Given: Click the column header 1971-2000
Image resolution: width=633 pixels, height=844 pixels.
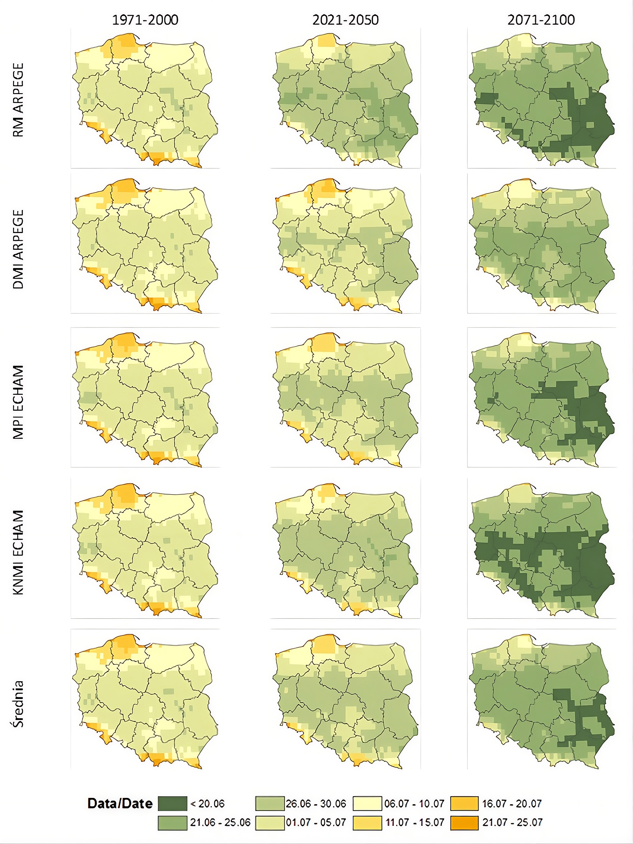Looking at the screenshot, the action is pos(145,20).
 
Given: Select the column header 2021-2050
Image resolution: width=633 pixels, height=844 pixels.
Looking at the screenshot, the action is pos(346,20).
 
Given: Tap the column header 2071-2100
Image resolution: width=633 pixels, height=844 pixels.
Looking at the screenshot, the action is pos(541,20).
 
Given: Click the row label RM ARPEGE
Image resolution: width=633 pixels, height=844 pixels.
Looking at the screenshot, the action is pos(18,100).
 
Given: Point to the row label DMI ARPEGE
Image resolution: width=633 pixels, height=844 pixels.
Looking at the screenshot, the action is pos(18,249).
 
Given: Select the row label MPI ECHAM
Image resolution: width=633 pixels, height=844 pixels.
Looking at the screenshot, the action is pos(18,402).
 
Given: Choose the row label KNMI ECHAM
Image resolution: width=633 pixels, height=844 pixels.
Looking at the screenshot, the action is pos(18,552).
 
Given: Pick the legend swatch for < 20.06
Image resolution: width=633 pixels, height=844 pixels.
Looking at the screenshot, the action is pos(172,803).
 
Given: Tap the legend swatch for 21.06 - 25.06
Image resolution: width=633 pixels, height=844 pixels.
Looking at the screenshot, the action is pos(172,823).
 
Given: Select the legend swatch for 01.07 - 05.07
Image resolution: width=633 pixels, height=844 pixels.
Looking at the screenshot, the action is pos(270,823).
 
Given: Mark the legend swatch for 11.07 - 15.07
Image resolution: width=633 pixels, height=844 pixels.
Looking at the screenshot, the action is pos(367,823).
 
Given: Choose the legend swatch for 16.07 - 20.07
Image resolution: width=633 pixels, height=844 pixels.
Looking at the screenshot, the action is pos(464,803).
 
